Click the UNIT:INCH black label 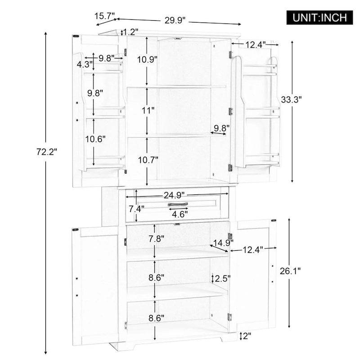pos(319,18)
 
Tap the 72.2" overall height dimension pos(47,152)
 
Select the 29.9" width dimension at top pos(175,20)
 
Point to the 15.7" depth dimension pos(104,16)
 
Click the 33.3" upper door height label pos(291,99)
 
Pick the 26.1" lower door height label pos(290,271)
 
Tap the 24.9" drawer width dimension pos(174,195)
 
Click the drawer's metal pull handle pos(178,204)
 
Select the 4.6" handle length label pos(180,215)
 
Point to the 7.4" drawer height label pos(136,209)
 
